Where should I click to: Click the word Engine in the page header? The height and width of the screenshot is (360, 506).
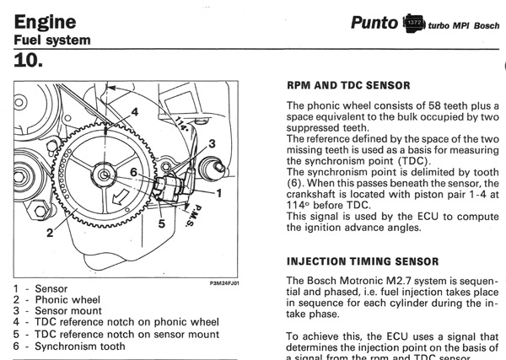click(x=41, y=20)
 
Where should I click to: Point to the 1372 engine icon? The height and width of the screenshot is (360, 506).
click(x=414, y=23)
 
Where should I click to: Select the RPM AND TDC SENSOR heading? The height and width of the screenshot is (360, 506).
click(x=348, y=85)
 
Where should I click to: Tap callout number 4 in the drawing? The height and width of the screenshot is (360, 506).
click(x=133, y=110)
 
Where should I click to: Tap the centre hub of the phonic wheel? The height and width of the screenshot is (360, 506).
click(x=104, y=175)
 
